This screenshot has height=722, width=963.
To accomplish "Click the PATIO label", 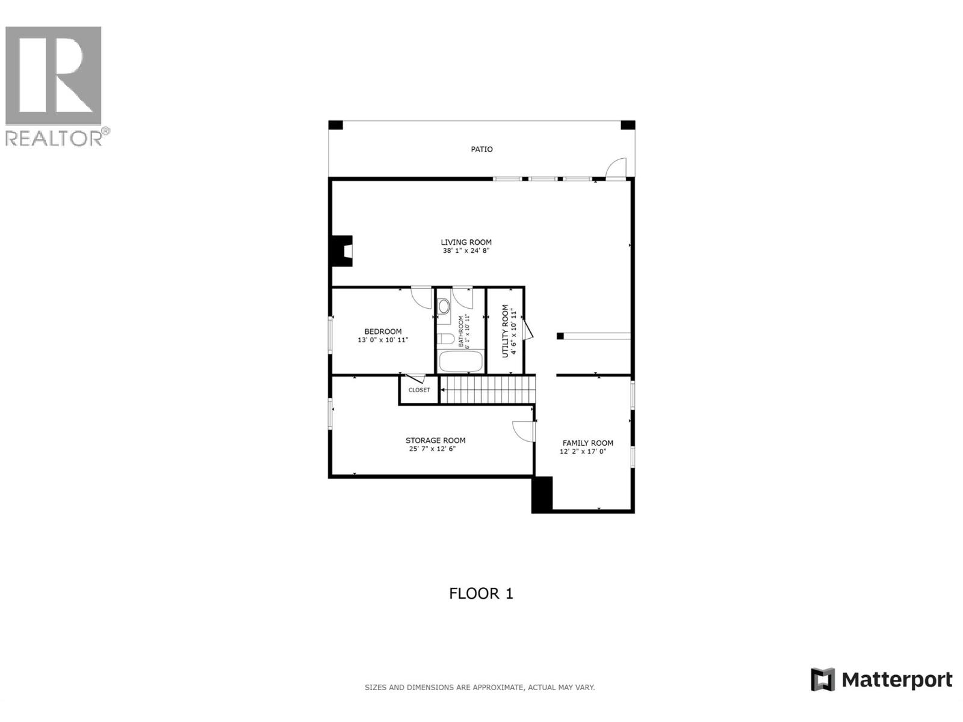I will (482, 149).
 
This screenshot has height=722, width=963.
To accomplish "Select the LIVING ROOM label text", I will (466, 242).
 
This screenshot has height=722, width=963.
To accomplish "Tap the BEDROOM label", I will (383, 332).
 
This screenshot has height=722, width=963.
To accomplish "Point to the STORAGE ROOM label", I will (435, 440).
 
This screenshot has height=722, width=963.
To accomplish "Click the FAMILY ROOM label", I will (587, 443).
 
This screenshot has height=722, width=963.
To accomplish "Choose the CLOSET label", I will (419, 390).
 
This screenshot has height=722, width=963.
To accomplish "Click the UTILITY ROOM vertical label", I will (505, 331).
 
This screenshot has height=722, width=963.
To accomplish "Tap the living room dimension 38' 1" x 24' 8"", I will (466, 251).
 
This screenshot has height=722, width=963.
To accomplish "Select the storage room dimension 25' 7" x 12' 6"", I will (432, 449).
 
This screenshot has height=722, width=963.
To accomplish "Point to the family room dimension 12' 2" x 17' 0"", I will (583, 451).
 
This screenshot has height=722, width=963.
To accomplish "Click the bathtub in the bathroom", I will (460, 362).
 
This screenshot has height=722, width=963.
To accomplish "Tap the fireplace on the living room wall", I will (341, 250).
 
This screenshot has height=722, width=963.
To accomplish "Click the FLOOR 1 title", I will (481, 594).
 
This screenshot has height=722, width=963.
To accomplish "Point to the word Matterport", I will (896, 680).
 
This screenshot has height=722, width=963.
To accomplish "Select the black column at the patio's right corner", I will (628, 125).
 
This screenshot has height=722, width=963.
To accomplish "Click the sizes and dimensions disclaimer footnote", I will (480, 687).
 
